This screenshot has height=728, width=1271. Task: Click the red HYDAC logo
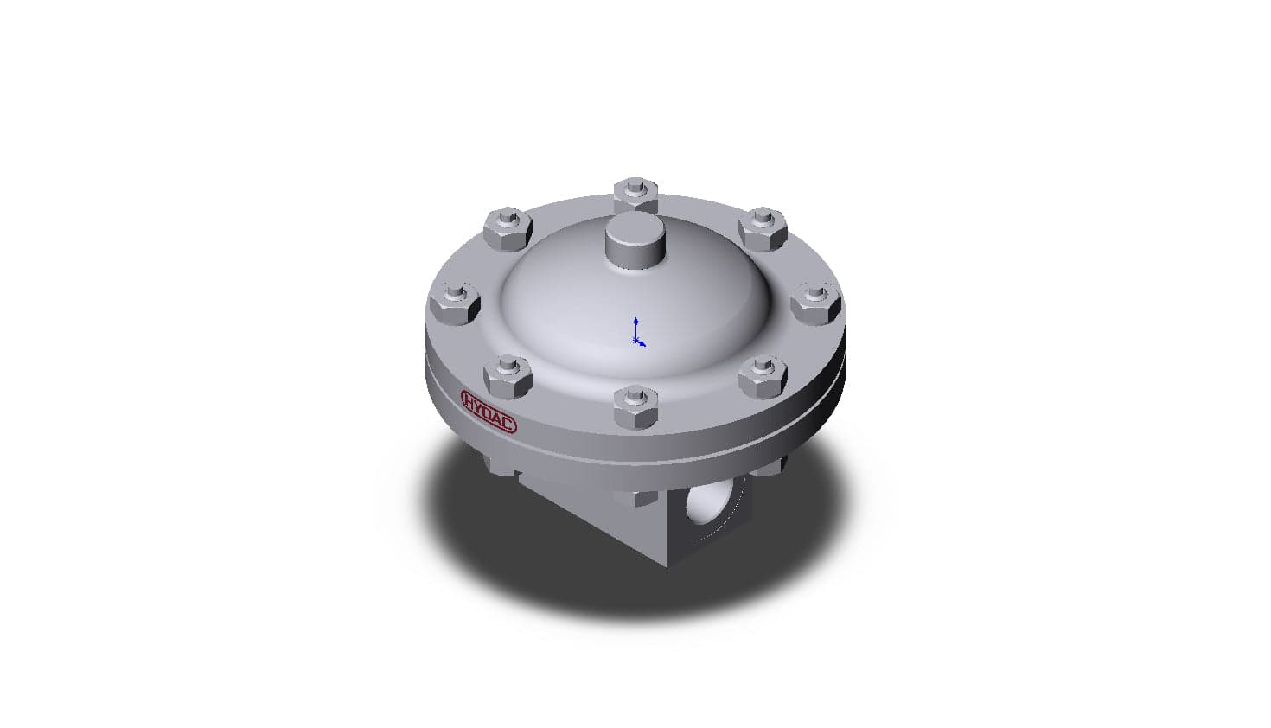489,412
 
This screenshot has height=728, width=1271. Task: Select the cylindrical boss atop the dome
635,240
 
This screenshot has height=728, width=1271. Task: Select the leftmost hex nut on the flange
455,303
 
